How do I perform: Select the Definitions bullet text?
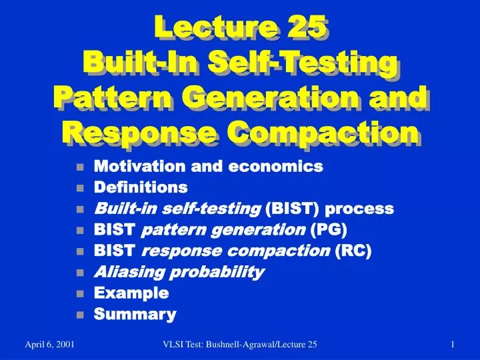[141, 187]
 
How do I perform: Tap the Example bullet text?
[131, 293]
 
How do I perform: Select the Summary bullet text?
[135, 314]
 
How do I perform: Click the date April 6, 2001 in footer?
[49, 343]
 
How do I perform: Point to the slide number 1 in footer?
[452, 343]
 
